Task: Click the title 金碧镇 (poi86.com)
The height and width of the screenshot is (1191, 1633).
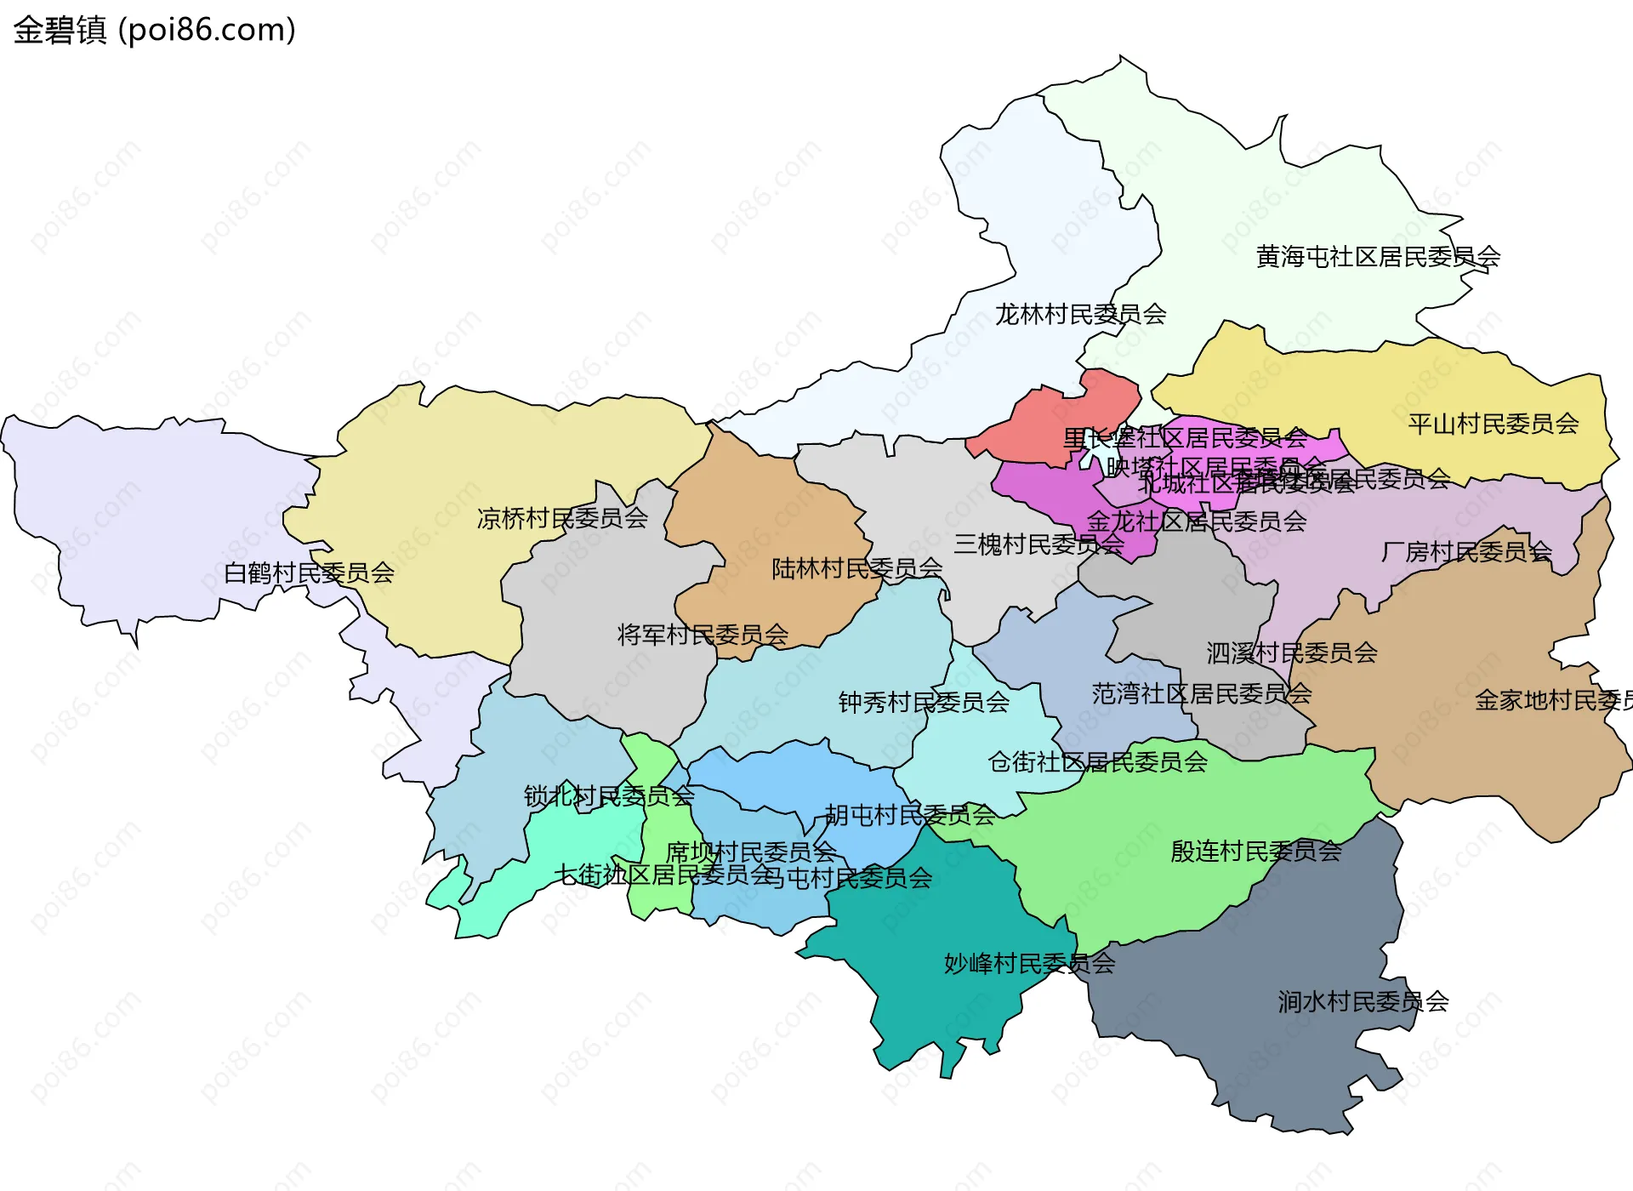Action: coord(154,31)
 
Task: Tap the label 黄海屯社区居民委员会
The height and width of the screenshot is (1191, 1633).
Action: coord(1378,256)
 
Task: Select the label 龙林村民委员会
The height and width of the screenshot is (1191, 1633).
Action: coord(1080,314)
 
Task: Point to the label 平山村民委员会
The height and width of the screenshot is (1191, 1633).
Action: coord(1493,424)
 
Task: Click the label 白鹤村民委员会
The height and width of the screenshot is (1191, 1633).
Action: coord(309,573)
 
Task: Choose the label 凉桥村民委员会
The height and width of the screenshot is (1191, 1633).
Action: coord(562,518)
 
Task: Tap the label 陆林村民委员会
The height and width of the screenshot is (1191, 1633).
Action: coord(856,568)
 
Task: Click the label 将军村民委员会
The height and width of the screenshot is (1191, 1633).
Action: coord(703,635)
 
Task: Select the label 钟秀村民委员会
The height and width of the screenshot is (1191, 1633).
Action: coord(924,702)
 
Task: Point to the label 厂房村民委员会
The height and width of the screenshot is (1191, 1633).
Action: coord(1466,552)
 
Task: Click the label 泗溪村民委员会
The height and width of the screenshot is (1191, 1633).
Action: coord(1291,652)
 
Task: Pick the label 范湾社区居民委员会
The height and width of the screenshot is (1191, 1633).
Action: coord(1201,693)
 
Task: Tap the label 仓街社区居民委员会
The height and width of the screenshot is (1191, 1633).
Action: coord(1097,761)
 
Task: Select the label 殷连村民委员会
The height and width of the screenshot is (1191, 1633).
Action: coord(1255,851)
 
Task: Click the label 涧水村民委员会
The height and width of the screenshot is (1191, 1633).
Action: coord(1363,1001)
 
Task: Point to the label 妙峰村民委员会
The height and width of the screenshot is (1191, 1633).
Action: coord(1029,963)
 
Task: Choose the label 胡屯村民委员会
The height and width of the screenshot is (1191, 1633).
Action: coord(910,815)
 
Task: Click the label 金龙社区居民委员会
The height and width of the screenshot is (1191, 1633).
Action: coord(1196,521)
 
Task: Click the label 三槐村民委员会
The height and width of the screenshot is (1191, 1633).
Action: coord(1038,544)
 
